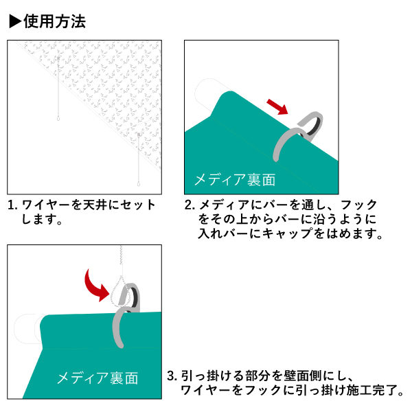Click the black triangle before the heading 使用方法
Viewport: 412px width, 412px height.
[x=15, y=21]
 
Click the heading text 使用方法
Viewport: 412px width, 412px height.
[x=55, y=21]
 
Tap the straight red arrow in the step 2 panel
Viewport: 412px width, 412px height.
[x=277, y=106]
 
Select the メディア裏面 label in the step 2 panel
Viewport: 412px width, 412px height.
[x=235, y=180]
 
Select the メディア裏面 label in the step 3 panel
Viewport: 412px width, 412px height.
[x=98, y=378]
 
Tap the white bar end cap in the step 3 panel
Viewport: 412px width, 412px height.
[x=27, y=328]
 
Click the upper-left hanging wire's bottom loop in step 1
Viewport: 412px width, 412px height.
[x=58, y=118]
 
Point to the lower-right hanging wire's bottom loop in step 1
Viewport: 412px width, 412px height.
[x=139, y=183]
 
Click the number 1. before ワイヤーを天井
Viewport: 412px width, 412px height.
[x=12, y=205]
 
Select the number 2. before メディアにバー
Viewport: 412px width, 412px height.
[x=190, y=205]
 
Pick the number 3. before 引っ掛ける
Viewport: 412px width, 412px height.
[x=172, y=376]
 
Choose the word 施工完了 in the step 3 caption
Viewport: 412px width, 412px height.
[x=372, y=390]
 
